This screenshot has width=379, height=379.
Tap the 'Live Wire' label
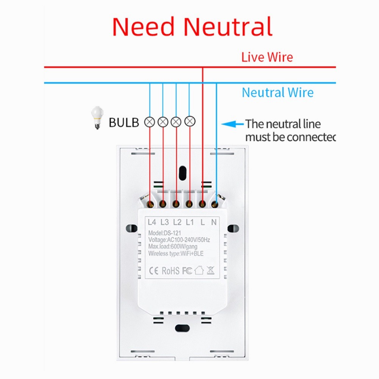[267, 57]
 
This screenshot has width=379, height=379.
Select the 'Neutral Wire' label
[277, 92]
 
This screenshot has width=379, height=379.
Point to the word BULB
[124, 122]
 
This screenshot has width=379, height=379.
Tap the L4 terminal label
[152, 222]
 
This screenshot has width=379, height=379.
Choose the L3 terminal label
[164, 222]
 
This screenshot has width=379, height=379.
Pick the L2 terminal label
[177, 222]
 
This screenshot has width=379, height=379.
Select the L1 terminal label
[189, 222]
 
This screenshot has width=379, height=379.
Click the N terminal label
[214, 222]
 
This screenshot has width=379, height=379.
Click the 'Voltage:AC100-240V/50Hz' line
[179, 240]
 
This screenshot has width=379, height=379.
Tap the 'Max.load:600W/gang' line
[172, 247]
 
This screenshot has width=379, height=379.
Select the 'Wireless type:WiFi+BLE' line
[176, 254]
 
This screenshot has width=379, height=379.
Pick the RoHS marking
[171, 271]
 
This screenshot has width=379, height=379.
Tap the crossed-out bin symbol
[211, 270]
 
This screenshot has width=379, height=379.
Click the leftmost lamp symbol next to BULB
[150, 122]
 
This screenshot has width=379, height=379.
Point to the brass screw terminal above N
[215, 205]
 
